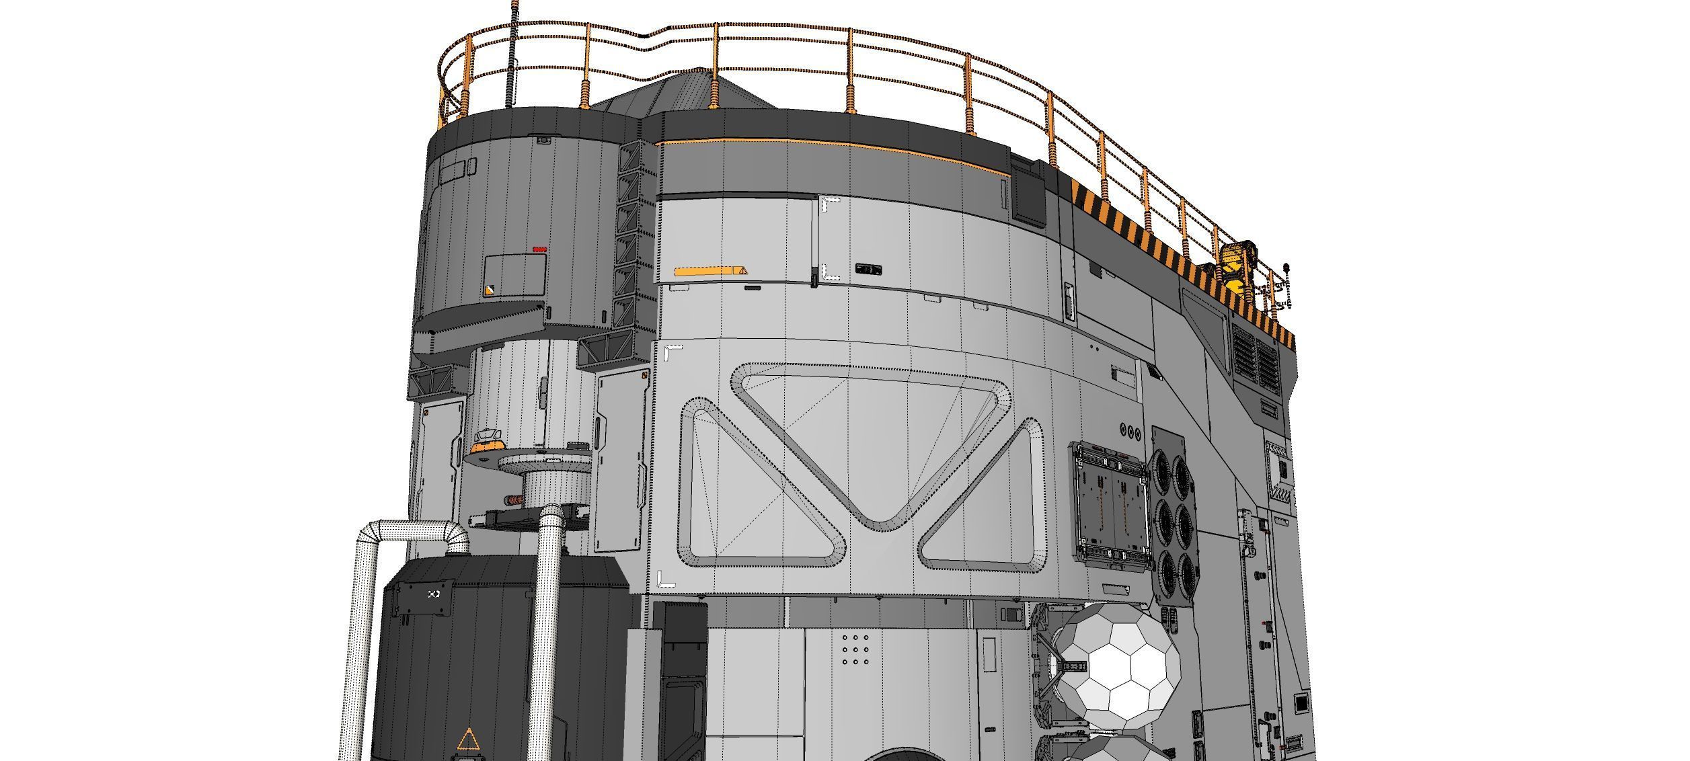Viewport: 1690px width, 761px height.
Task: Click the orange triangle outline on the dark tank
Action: click(468, 739)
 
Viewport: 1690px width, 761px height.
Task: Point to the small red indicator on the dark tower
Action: click(539, 249)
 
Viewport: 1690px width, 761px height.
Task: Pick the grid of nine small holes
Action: click(854, 649)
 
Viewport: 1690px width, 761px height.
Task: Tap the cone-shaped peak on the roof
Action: click(699, 87)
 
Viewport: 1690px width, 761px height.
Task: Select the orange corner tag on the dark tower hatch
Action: click(489, 290)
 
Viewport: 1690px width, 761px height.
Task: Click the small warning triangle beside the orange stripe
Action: click(742, 271)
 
